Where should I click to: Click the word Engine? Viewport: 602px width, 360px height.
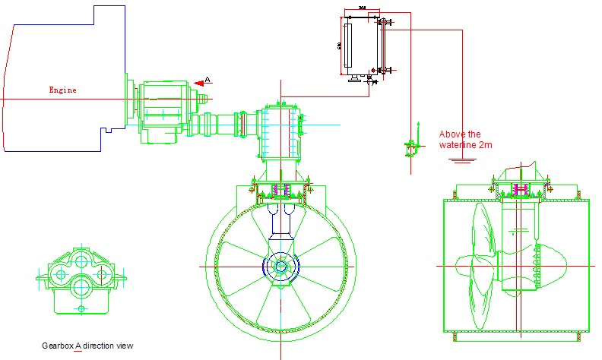(62, 90)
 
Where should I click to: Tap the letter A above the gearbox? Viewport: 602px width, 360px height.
(208, 79)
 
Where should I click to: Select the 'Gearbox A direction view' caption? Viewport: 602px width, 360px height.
(87, 346)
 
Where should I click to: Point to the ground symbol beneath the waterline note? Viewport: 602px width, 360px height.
(461, 160)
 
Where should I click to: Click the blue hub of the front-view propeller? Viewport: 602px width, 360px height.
(280, 267)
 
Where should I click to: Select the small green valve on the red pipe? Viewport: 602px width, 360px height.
(411, 145)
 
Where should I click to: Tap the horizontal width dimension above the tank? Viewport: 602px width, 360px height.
(363, 14)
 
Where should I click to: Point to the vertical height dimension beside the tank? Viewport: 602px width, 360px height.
(338, 46)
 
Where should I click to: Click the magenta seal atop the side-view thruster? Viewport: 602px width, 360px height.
(521, 188)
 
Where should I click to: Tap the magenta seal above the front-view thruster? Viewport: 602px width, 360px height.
(280, 189)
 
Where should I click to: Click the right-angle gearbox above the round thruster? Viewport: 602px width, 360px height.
(280, 133)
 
